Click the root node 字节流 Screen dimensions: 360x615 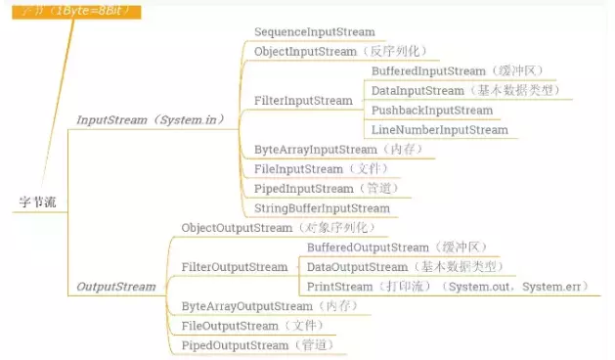point(38,202)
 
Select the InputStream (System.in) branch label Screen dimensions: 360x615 point(151,119)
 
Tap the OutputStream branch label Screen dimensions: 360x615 point(115,287)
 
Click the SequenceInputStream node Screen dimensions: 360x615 point(314,32)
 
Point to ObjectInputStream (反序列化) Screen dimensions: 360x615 point(339,51)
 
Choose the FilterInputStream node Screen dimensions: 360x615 point(303,101)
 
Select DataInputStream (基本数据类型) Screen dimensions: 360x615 point(464,91)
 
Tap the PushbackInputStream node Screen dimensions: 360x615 point(432,111)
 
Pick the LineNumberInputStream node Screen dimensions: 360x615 point(439,130)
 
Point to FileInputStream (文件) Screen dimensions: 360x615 point(314,169)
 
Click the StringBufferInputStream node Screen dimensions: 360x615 point(322,208)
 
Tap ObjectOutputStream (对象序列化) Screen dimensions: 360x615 point(278,228)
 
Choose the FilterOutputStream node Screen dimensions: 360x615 point(235,267)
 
